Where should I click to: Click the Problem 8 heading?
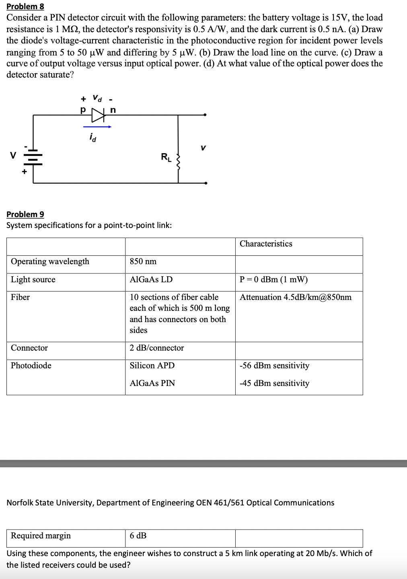[x=25, y=6]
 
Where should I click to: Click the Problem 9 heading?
[x=25, y=214]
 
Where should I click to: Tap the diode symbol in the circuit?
[x=98, y=115]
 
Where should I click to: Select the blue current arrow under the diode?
[x=97, y=127]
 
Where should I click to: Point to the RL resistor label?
[x=166, y=157]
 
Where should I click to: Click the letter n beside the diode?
[x=113, y=109]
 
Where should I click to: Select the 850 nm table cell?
[x=143, y=261]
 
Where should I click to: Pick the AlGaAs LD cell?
[x=151, y=279]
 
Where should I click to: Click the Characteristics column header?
[x=266, y=244]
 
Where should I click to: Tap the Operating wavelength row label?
[x=50, y=261]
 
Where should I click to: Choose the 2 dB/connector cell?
[x=157, y=348]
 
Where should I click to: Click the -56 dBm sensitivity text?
[x=274, y=365]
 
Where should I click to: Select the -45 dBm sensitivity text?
[x=274, y=383]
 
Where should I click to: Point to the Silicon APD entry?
[x=152, y=365]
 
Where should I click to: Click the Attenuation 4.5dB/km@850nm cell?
[x=296, y=297]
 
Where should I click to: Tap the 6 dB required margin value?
[x=138, y=536]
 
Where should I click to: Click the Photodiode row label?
[x=31, y=365]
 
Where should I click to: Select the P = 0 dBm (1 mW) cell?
[x=273, y=279]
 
